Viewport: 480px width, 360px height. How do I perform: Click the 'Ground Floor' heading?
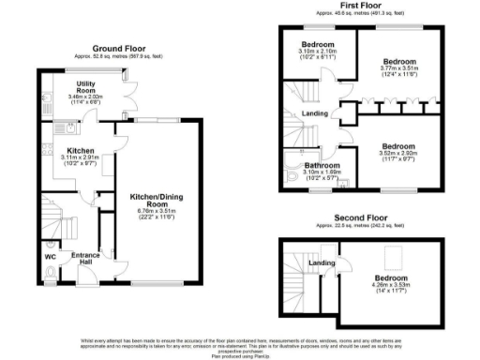[119, 47]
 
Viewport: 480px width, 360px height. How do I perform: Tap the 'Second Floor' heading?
[359, 219]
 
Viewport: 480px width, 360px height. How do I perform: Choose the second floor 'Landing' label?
[323, 262]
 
